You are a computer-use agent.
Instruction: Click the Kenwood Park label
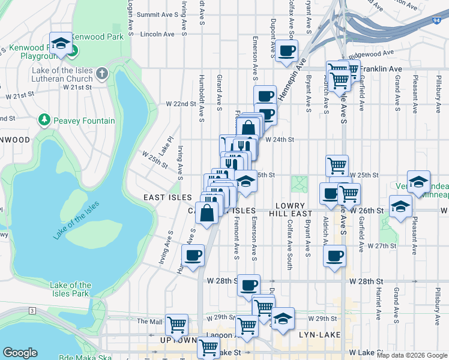[x=98, y=37]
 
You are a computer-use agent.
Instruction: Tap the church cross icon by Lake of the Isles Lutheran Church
[x=102, y=74]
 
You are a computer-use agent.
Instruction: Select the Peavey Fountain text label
[x=86, y=121]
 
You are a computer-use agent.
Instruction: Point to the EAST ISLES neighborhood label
[x=167, y=197]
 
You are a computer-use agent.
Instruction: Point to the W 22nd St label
[x=181, y=104]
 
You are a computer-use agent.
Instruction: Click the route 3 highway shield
[x=31, y=311]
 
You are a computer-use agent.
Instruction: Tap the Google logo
[x=20, y=353]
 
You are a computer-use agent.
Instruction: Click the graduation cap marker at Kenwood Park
[x=61, y=43]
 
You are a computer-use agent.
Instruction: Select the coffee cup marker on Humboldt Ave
[x=193, y=256]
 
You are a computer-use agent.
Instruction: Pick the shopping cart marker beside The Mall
[x=176, y=324]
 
